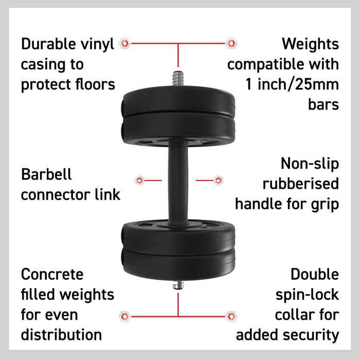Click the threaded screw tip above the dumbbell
click(178, 79)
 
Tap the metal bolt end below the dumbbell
click(178, 285)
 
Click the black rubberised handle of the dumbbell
click(178, 183)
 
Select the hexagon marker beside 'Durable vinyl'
click(125, 43)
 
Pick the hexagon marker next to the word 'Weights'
click(231, 43)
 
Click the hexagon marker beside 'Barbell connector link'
click(139, 181)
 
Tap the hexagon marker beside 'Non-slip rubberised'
click(218, 181)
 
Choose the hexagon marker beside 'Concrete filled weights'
click(125, 317)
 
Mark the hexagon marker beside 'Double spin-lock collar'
click(231, 317)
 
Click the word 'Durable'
click(48, 44)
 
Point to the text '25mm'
click(317, 84)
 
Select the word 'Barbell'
click(46, 174)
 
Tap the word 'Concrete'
click(52, 274)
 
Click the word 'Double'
click(315, 274)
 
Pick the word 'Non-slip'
click(310, 164)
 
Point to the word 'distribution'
click(61, 334)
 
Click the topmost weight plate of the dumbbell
click(178, 100)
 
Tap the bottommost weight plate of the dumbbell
click(178, 264)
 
